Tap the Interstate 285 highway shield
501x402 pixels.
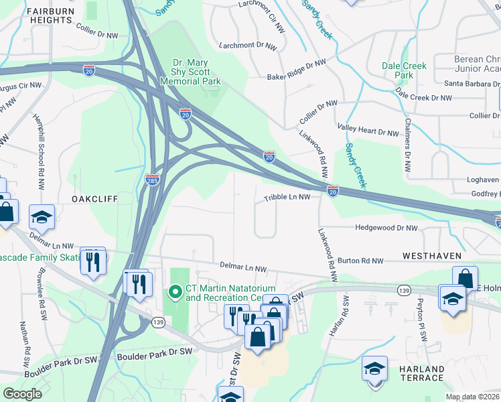(152, 179)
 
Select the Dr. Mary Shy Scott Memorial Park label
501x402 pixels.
(190, 72)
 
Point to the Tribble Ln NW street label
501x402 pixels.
(287, 198)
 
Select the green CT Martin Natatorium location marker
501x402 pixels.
(175, 292)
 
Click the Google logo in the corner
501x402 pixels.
(22, 394)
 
